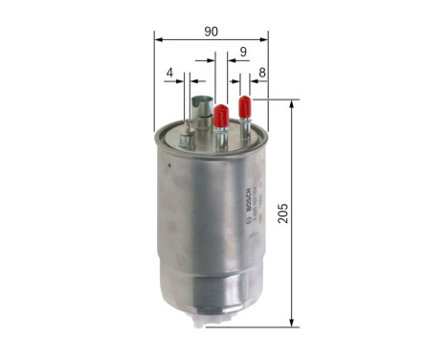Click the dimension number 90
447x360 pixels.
click(211, 31)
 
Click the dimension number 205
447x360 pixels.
click(282, 213)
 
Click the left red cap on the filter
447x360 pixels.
click(221, 114)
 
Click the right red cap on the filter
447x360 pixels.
click(244, 104)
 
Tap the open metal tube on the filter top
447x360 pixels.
click(200, 104)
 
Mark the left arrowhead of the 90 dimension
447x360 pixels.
click(158, 40)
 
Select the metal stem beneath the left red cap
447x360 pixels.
click(221, 135)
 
